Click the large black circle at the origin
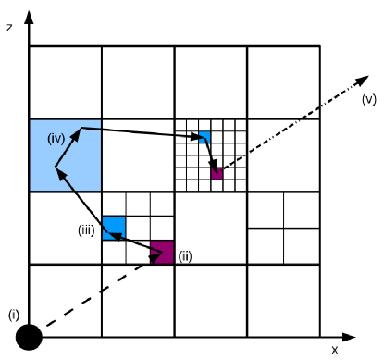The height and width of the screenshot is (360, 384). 30,338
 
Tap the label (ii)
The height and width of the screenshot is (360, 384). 184,256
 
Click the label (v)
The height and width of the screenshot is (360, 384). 368,99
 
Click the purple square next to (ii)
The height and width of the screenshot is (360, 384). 163,251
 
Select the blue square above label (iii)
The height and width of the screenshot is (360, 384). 114,225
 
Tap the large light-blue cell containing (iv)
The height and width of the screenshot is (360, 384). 65,155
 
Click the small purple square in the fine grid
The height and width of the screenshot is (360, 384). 217,173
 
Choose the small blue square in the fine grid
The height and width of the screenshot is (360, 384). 204,138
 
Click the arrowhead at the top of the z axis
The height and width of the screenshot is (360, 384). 30,13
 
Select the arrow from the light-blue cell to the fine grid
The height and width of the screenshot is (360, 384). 139,132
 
